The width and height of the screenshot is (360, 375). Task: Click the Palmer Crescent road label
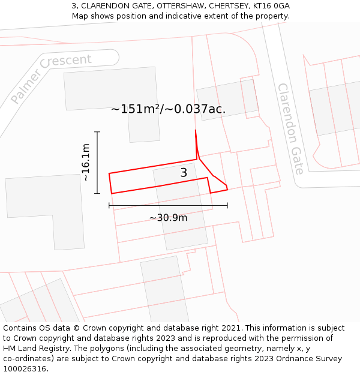(51, 77)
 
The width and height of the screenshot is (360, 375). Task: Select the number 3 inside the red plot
(184, 173)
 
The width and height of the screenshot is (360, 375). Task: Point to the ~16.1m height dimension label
(86, 163)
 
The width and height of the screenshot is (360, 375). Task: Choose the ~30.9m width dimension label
(168, 218)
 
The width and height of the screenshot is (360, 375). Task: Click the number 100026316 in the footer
(24, 369)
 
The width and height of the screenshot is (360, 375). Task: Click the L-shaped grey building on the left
(45, 210)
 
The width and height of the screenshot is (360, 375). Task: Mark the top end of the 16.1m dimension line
(97, 132)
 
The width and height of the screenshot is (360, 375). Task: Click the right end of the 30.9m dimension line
(227, 205)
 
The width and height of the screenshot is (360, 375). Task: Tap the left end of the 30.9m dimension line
(109, 205)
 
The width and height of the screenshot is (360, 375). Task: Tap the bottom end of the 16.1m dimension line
(97, 193)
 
